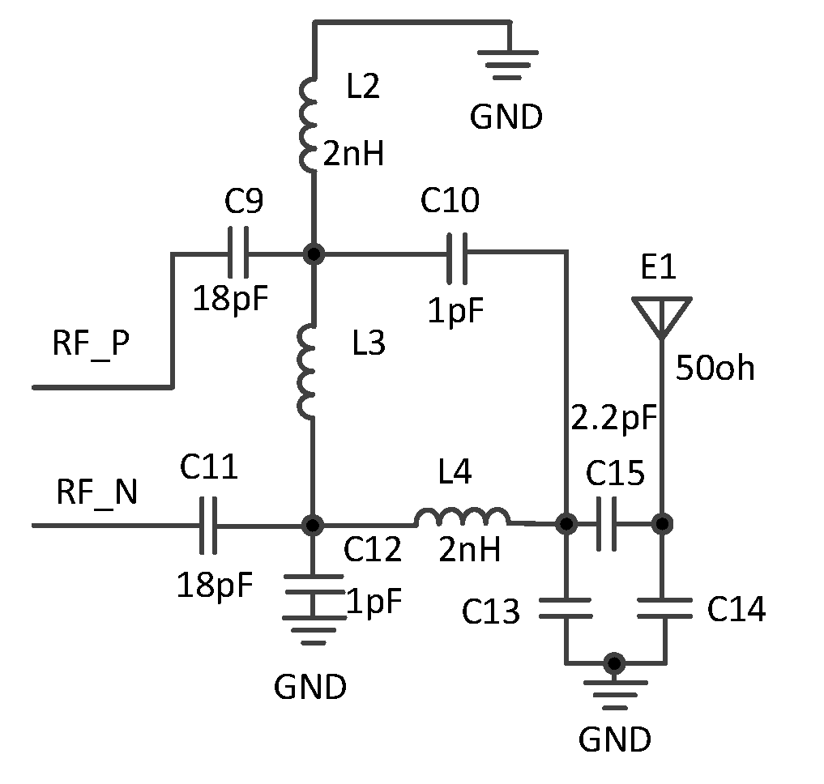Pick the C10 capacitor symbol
click(x=458, y=254)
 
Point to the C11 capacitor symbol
click(x=208, y=525)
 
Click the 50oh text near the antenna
click(x=715, y=369)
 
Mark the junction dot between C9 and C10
click(x=312, y=254)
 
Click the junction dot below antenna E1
click(x=663, y=524)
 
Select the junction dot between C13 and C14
click(x=615, y=663)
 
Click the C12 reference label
click(x=372, y=550)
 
